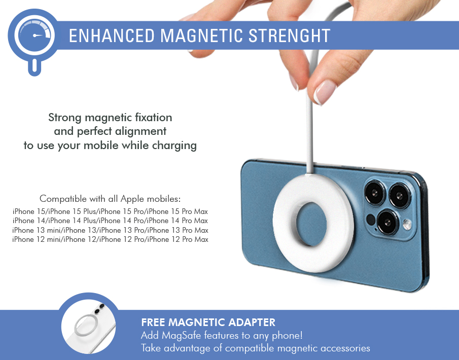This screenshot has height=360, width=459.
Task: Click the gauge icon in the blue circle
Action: click(34, 35)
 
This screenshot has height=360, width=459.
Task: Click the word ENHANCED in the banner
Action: click(112, 35)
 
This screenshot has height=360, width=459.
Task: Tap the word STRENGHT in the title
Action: click(289, 35)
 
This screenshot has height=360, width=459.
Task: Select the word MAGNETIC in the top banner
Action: click(201, 35)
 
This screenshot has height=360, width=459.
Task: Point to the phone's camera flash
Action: click(407, 225)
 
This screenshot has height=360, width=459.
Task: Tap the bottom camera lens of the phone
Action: click(387, 222)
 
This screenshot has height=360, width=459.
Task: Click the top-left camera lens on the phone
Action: click(375, 193)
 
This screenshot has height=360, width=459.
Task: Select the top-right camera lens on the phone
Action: click(400, 196)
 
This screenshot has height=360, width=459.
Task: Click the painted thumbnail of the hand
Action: click(325, 92)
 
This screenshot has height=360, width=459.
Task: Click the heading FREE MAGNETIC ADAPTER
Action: click(208, 322)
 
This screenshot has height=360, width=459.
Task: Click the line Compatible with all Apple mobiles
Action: click(110, 199)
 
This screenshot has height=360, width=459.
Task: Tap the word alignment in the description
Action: click(140, 131)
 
